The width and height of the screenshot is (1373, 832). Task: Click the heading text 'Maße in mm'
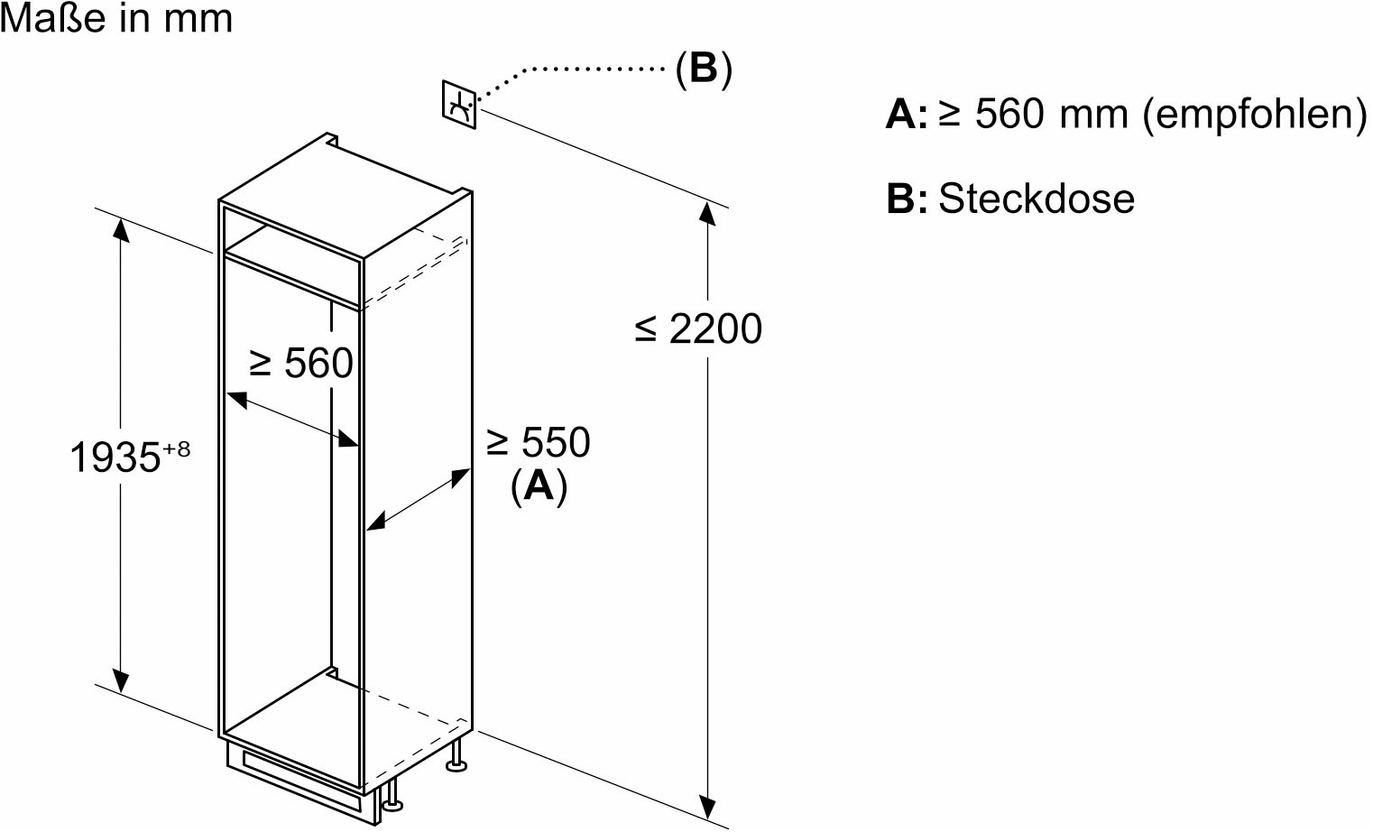(117, 18)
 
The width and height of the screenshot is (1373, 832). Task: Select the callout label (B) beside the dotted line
(703, 69)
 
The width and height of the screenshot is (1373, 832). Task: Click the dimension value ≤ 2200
(698, 328)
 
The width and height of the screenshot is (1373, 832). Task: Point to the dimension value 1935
(115, 458)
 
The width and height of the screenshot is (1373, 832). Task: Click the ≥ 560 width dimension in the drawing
(300, 364)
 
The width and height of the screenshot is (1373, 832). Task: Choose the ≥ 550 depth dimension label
(538, 442)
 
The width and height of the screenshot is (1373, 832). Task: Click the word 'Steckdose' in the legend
(1037, 199)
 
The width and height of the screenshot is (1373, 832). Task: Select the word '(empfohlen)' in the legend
(1255, 115)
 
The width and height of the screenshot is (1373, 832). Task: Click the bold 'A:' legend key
(906, 116)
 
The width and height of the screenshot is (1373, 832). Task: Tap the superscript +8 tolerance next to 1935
(178, 448)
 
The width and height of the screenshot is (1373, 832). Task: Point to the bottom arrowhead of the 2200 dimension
(708, 806)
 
